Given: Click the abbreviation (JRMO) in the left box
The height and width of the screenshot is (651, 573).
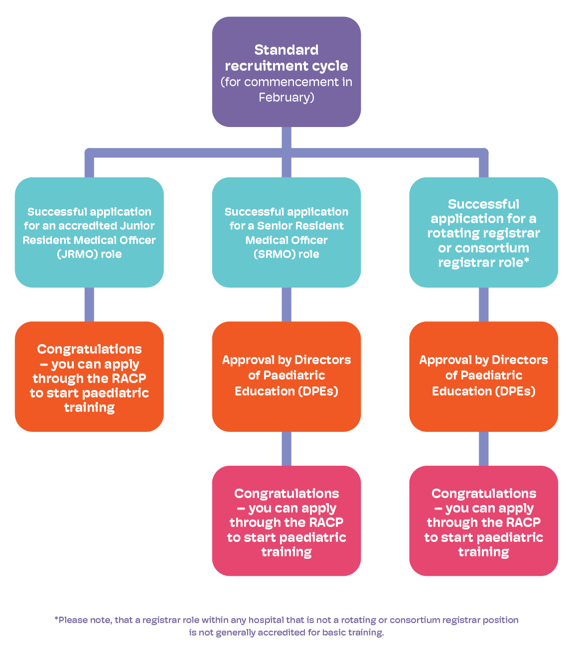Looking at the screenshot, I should (x=77, y=254).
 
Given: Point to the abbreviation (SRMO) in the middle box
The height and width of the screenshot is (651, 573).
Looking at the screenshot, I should (x=275, y=254).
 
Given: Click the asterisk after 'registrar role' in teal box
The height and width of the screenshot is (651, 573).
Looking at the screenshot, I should (x=526, y=261).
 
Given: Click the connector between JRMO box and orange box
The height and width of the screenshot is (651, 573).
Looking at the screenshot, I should (x=89, y=304).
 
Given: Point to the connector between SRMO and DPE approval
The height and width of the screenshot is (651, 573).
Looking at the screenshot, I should (x=286, y=304).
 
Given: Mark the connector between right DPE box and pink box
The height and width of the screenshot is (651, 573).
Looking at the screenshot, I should (x=483, y=449).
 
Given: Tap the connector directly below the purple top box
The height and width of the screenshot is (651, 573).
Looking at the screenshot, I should (x=286, y=137).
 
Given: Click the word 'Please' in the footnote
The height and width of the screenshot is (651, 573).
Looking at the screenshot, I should (x=73, y=620).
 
